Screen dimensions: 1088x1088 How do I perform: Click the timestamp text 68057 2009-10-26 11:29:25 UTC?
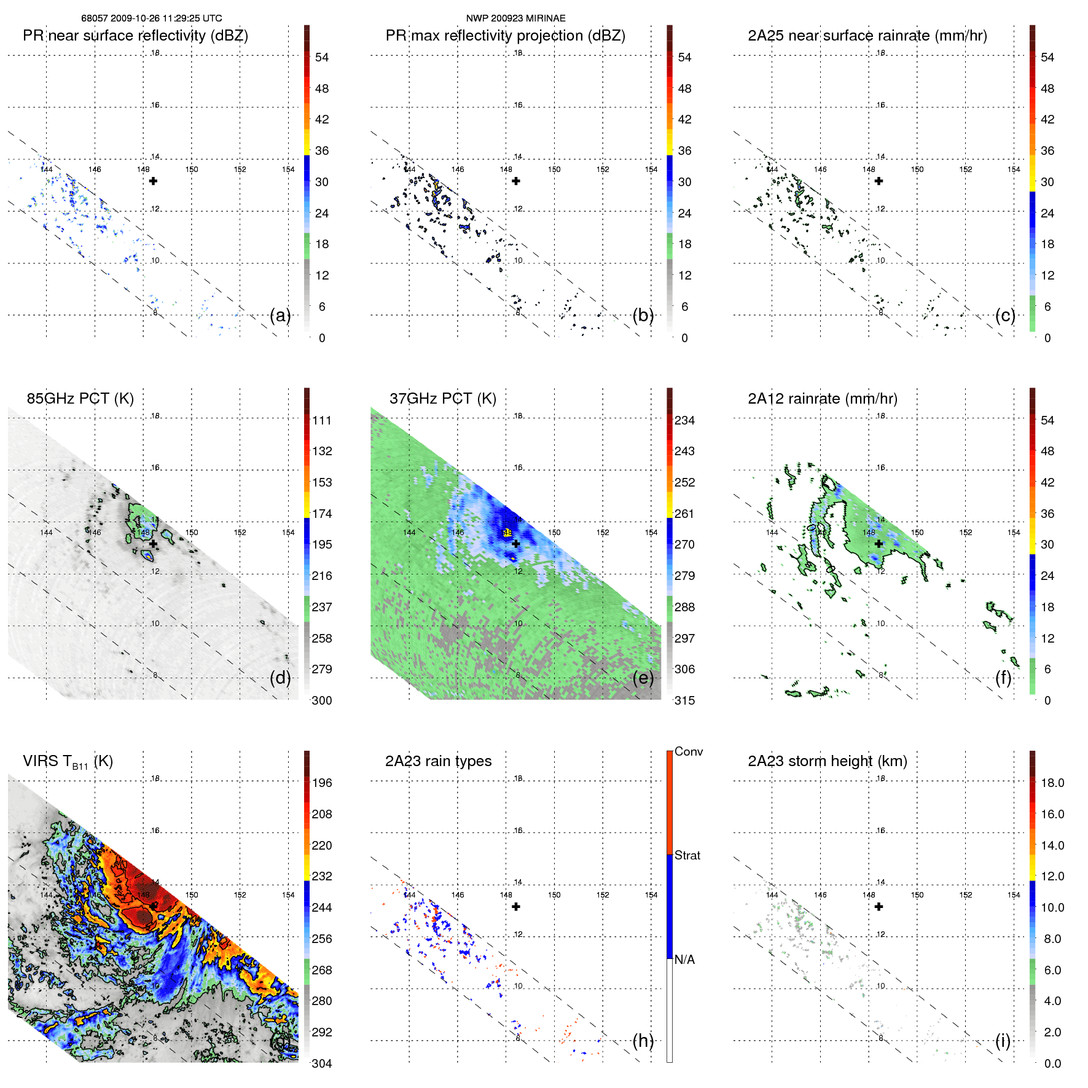[x=152, y=18]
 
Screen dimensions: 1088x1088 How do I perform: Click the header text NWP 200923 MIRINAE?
[x=515, y=18]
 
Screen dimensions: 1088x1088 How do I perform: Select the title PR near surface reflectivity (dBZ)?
[x=135, y=36]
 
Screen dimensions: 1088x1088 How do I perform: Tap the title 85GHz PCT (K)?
[x=80, y=399]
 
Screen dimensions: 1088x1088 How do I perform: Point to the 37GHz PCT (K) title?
[x=442, y=399]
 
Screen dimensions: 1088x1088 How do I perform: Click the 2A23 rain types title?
[x=438, y=761]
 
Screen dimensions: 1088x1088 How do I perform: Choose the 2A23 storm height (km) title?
[x=827, y=761]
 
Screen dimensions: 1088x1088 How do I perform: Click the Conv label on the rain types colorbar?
[x=688, y=751]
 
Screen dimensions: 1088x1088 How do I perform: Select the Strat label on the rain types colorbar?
[x=687, y=855]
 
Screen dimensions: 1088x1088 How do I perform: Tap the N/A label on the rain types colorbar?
[x=684, y=960]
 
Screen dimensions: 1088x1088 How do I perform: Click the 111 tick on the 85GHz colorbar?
[x=322, y=420]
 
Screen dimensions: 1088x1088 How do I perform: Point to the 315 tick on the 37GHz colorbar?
[x=684, y=700]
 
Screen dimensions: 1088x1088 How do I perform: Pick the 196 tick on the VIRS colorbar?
[x=322, y=783]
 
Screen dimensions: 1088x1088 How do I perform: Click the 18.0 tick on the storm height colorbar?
[x=1052, y=783]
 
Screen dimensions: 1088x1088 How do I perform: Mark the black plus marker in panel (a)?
[x=153, y=181]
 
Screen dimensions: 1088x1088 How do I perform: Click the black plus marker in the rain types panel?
[x=516, y=907]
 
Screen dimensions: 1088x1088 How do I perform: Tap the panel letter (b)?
[x=643, y=315]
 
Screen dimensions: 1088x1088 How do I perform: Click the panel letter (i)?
[x=1003, y=1041]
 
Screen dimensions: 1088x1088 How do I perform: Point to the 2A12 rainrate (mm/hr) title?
[x=822, y=399]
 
